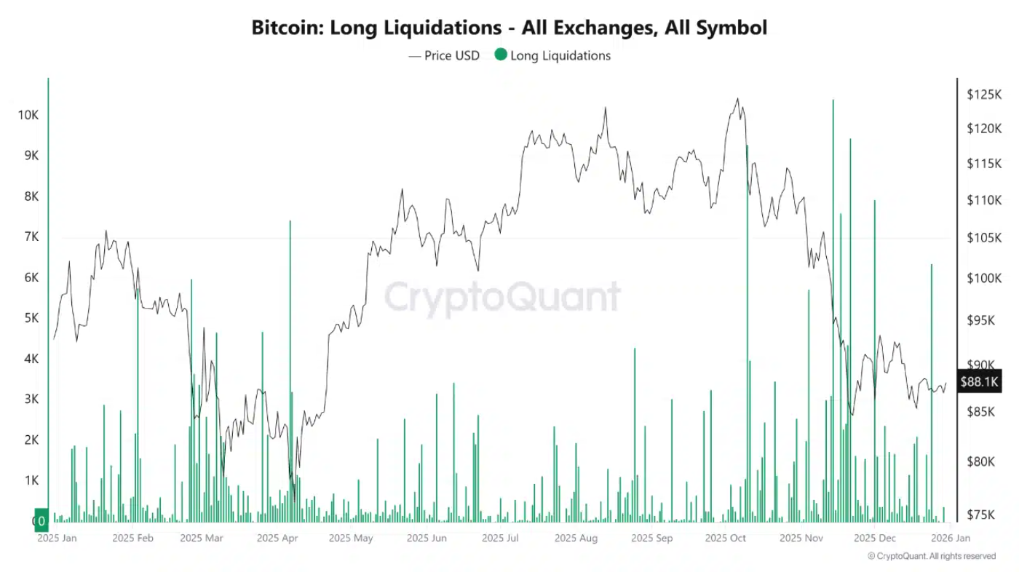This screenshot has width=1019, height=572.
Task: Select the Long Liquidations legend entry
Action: (x=552, y=55)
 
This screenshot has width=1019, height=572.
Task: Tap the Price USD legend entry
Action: (x=444, y=55)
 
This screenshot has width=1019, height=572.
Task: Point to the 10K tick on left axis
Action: (x=29, y=115)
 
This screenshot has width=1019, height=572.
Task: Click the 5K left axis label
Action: (x=29, y=318)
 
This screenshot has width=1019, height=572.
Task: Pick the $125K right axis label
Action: (x=983, y=95)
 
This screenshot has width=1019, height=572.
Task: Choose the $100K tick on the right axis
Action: (x=983, y=279)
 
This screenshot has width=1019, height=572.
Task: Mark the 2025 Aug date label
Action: (x=575, y=539)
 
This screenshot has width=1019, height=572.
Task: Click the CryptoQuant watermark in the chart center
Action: (x=502, y=297)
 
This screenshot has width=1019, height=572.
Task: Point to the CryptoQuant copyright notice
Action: (x=931, y=556)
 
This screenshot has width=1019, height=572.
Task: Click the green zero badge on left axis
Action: (x=41, y=520)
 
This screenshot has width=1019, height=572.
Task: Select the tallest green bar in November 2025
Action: (x=833, y=291)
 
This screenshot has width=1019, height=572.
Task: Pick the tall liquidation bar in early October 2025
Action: (x=747, y=327)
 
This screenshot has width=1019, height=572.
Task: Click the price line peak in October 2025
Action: (x=738, y=99)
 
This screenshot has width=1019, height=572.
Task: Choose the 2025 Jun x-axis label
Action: (x=427, y=539)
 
